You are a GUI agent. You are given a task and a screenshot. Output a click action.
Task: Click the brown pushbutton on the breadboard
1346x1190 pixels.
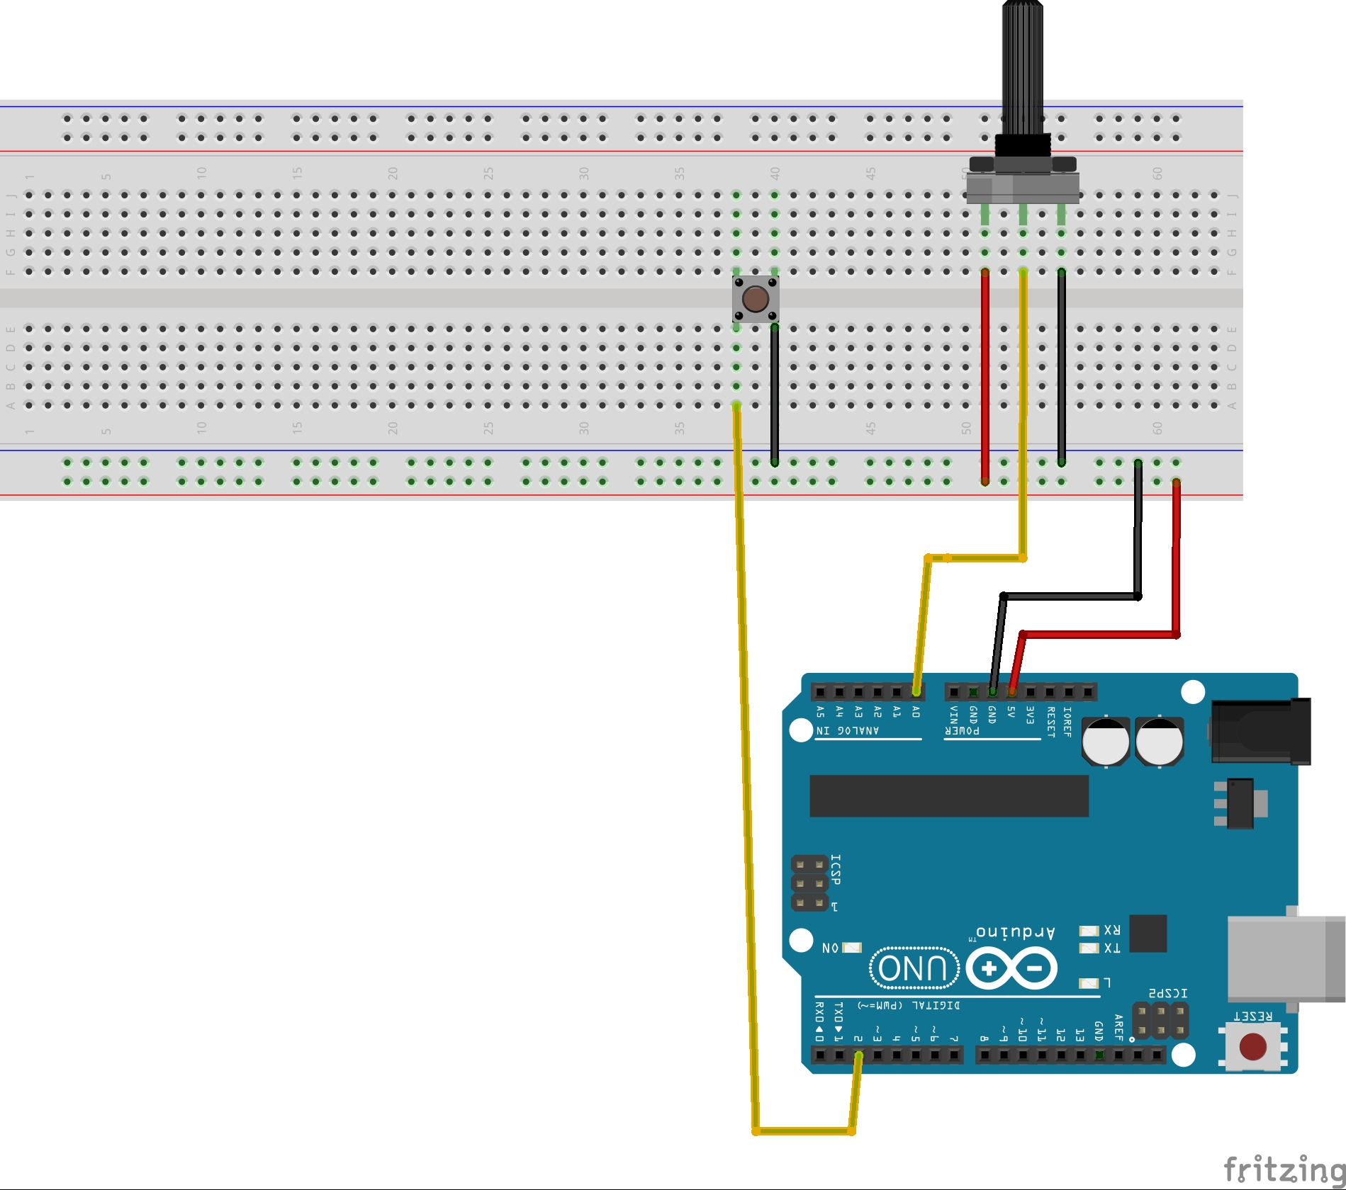tap(755, 299)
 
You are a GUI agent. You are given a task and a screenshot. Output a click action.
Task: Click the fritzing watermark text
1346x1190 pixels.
tap(1284, 1169)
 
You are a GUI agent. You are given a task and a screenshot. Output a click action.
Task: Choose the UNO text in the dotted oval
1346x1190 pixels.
tap(914, 968)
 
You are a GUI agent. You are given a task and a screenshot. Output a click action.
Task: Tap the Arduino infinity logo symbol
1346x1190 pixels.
tap(1011, 968)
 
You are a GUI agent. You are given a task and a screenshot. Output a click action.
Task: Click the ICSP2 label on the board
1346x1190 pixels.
tap(1167, 993)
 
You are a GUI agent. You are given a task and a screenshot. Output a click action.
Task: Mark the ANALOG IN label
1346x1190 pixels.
tap(848, 730)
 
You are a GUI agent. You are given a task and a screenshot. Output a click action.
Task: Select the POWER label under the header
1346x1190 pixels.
tap(962, 730)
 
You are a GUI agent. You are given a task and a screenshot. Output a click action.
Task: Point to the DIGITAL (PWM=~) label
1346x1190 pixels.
tap(909, 1005)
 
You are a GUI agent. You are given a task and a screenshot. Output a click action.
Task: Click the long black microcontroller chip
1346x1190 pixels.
tap(948, 795)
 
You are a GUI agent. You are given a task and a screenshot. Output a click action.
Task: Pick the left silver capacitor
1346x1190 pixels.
tap(1106, 741)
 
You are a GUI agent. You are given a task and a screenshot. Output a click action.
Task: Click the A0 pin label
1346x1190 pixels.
tap(916, 711)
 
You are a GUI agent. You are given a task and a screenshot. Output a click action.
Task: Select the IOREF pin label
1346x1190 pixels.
tap(1067, 721)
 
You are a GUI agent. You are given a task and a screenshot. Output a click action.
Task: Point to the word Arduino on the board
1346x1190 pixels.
tap(1015, 932)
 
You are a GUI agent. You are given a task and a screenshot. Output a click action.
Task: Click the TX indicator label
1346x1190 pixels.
tap(1111, 948)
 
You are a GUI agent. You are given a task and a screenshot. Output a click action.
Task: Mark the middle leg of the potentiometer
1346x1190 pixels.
tap(1023, 214)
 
